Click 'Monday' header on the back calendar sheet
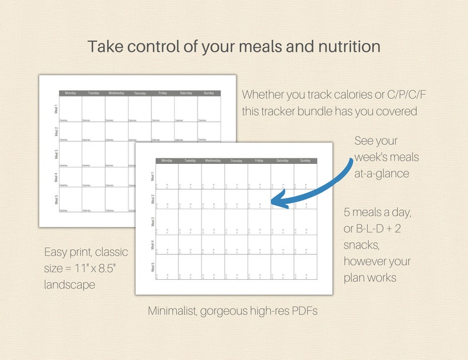[70, 93]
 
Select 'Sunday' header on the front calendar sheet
[305, 160]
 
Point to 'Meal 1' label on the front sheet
[152, 176]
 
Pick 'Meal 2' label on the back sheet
[56, 131]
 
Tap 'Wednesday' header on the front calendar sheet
[213, 160]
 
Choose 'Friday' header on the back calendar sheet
[163, 93]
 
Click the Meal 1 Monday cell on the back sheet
[70, 108]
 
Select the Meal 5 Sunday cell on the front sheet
[305, 267]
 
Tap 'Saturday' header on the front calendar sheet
[282, 160]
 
